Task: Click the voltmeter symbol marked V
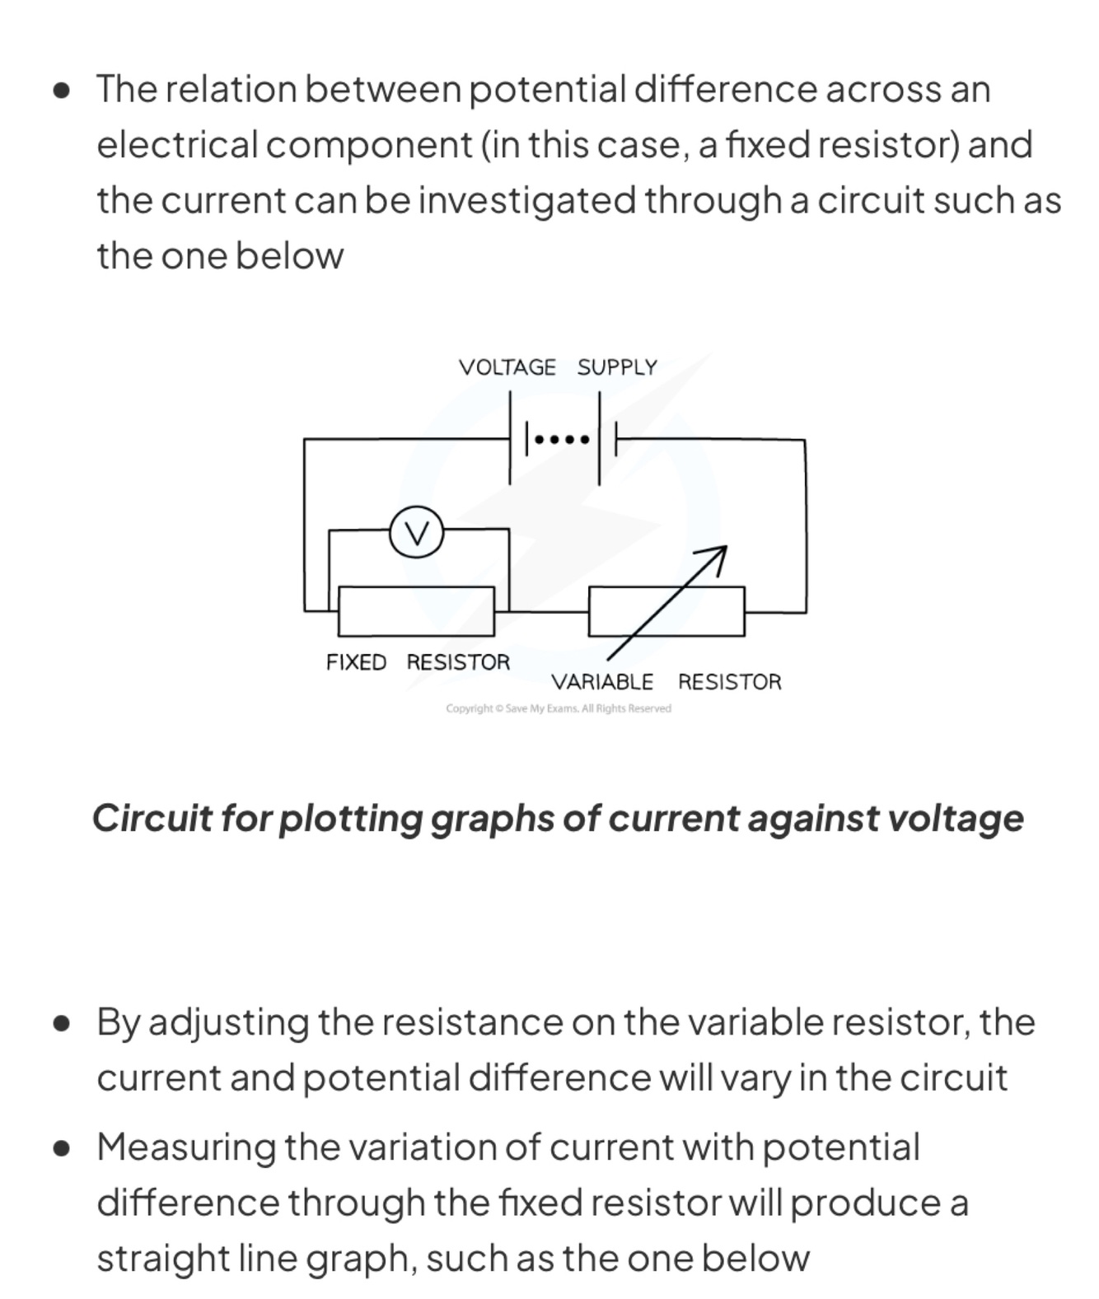pos(417,533)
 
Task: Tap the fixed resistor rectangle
pos(417,611)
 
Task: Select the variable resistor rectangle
pos(666,611)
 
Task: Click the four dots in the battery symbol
pos(562,440)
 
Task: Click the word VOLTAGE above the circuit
pos(507,367)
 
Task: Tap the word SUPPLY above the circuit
pos(617,367)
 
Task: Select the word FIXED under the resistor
pos(356,662)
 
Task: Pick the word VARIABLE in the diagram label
pos(602,682)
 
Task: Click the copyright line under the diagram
pos(559,708)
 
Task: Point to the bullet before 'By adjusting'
pos(61,1023)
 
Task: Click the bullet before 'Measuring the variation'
pos(61,1148)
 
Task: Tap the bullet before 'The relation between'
pos(61,90)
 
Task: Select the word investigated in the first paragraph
pos(527,201)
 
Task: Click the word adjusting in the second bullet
pos(229,1023)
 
